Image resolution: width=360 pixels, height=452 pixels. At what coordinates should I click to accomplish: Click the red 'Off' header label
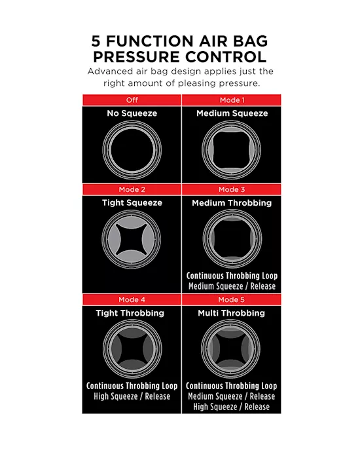[x=132, y=100]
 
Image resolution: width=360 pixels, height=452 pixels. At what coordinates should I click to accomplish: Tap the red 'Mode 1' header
[x=232, y=100]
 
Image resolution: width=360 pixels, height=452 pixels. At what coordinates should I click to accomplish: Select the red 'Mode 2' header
[x=132, y=189]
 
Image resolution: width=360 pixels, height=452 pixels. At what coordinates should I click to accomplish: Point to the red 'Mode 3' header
[x=232, y=189]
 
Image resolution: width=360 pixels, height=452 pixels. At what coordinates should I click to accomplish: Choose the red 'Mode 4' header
[x=132, y=299]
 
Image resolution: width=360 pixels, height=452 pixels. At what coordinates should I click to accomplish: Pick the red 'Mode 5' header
[x=232, y=299]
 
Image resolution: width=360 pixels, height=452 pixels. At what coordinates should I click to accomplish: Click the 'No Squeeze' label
[x=132, y=113]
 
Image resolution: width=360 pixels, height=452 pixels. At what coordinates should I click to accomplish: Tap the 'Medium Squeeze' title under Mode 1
[x=232, y=113]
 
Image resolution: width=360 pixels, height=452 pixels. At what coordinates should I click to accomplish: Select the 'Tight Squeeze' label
[x=132, y=202]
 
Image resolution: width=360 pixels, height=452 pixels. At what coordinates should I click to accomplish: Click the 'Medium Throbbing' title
[x=232, y=202]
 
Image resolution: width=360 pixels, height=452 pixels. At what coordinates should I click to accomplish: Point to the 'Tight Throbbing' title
[x=132, y=312]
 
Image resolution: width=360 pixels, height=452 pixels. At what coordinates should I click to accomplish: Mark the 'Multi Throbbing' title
[x=232, y=312]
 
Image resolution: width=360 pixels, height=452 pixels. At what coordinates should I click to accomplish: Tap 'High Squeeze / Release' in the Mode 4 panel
[x=132, y=396]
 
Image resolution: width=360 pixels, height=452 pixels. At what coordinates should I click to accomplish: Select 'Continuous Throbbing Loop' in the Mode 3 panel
[x=232, y=276]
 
